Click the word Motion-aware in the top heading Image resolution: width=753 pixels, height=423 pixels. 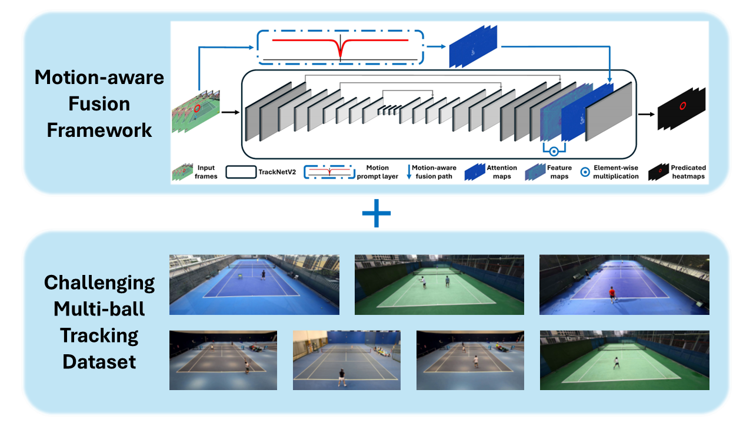coord(99,78)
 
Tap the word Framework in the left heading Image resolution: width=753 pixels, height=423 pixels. coord(99,129)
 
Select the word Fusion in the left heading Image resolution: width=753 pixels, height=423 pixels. coord(99,103)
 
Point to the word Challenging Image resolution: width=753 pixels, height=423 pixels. coord(99,283)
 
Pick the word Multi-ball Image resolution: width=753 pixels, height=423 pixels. coord(99,309)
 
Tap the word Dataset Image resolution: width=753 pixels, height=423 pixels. coord(99,361)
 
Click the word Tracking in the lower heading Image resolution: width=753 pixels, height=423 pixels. coord(99,335)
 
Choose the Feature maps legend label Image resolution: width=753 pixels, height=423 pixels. coord(559,172)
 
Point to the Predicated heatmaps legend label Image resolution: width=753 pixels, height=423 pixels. coord(688,172)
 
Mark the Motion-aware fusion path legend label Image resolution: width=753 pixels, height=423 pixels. coord(434,172)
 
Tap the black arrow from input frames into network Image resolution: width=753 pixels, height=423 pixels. coord(230,112)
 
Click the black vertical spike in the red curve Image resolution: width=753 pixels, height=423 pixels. coord(341,46)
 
